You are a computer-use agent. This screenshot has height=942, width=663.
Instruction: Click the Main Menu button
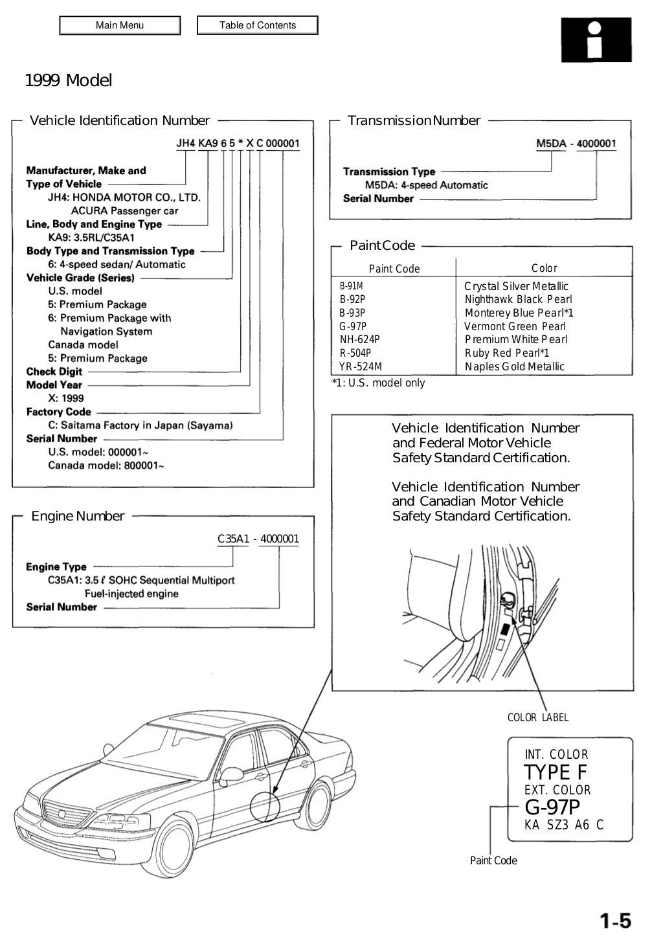(120, 25)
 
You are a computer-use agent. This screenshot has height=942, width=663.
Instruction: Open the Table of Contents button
(257, 25)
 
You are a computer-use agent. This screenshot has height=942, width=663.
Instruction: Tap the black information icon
(596, 39)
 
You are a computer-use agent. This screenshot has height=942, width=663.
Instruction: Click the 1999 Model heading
(68, 81)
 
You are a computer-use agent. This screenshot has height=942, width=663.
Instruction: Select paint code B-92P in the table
(352, 299)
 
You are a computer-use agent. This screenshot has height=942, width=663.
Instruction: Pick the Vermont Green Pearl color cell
(515, 326)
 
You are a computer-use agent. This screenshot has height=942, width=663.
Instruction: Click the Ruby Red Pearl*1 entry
(507, 353)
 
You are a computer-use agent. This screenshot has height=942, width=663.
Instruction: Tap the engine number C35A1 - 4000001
(258, 539)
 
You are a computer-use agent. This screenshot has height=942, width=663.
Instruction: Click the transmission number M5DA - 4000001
(576, 144)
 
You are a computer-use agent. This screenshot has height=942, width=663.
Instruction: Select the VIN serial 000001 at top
(283, 143)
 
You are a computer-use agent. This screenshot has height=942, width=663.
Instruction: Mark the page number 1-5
(614, 921)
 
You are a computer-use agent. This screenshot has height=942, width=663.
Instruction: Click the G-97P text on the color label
(552, 807)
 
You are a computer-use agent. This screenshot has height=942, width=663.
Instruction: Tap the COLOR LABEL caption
(538, 717)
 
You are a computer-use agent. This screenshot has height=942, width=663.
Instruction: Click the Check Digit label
(54, 372)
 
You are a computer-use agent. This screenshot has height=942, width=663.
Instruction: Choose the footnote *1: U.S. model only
(379, 383)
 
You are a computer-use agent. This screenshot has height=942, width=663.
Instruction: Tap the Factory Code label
(58, 412)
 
